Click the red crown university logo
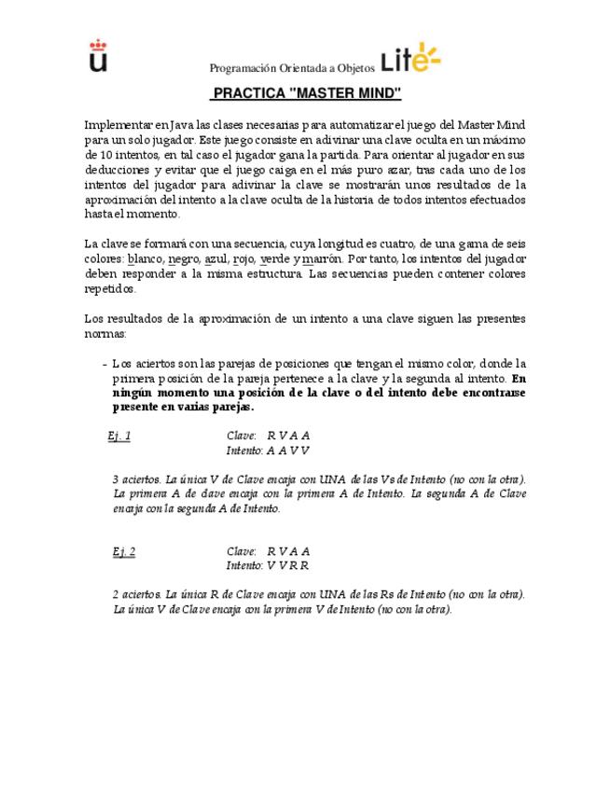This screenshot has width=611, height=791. click(x=98, y=55)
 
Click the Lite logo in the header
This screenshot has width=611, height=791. click(x=410, y=58)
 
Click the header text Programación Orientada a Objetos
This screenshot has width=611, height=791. click(x=292, y=68)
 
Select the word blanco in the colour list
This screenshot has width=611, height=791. click(x=145, y=258)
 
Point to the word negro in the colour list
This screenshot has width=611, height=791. click(x=184, y=258)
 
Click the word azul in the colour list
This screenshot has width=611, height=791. click(x=217, y=258)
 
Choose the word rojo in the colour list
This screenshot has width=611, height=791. click(x=244, y=258)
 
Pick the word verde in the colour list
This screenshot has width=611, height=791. click(x=275, y=258)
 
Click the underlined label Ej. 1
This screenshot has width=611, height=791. click(x=119, y=436)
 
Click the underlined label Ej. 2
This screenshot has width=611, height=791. click(x=124, y=551)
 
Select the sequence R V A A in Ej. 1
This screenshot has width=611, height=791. click(x=287, y=436)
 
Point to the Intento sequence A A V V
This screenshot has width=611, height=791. click(x=287, y=450)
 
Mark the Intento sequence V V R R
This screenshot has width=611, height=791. click(x=287, y=565)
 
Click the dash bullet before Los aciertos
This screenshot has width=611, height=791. click(x=103, y=364)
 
